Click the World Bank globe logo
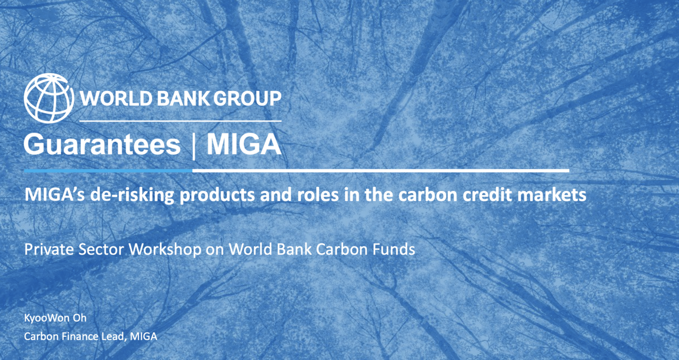click(49, 98)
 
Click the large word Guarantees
click(102, 145)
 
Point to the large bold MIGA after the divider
click(243, 144)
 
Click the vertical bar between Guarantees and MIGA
click(194, 146)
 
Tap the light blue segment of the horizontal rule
click(108, 171)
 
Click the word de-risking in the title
click(132, 195)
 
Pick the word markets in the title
click(551, 195)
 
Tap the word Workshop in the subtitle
click(165, 249)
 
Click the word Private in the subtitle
click(49, 249)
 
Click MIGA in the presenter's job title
click(143, 336)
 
